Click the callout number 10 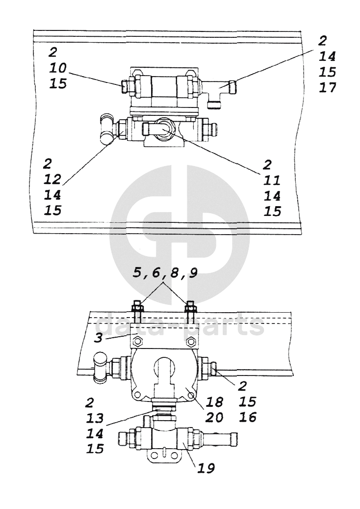[x=58, y=68]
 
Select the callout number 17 [x=328, y=88]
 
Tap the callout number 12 [x=52, y=180]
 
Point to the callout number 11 [x=272, y=180]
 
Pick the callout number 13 [x=95, y=418]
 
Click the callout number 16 [x=248, y=417]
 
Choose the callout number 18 [x=214, y=402]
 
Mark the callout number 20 [x=214, y=417]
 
